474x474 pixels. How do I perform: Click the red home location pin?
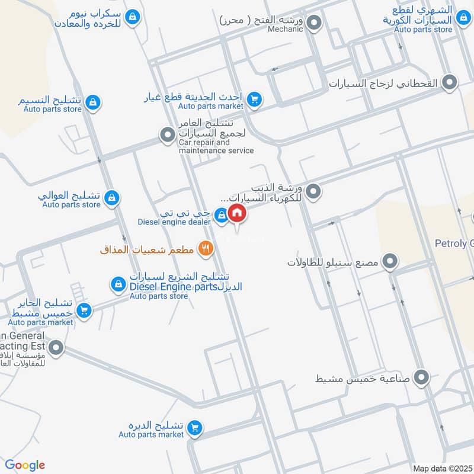[237, 214]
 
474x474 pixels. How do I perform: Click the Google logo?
[25, 465]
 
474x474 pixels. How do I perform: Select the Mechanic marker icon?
[315, 24]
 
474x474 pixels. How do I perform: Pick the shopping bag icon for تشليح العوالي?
[111, 198]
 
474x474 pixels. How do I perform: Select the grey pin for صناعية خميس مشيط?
[422, 376]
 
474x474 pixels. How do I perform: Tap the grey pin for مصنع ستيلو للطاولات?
[390, 261]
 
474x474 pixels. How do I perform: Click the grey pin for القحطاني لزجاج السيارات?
[450, 84]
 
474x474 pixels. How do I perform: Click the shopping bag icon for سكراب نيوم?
[134, 17]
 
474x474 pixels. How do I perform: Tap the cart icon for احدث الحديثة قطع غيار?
[255, 100]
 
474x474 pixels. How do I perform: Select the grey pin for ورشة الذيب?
[315, 191]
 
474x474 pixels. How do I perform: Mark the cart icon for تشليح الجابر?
[85, 310]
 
